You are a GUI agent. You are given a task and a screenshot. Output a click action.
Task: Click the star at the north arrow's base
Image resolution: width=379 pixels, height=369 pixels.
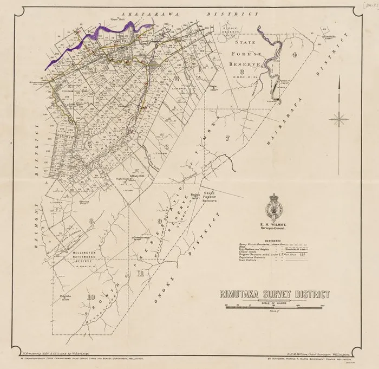pos(339,116)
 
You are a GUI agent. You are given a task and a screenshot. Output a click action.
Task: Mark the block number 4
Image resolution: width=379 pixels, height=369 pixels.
pos(295,55)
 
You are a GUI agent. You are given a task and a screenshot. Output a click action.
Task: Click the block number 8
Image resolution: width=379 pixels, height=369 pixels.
pos(92,220)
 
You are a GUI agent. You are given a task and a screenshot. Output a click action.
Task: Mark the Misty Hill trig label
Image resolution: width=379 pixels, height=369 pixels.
pos(138,176)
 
